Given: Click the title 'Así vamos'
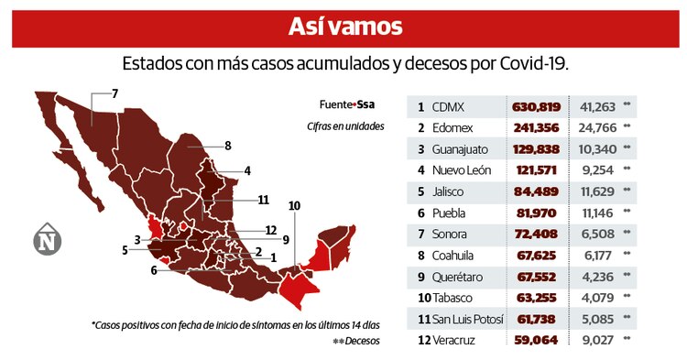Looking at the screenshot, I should (x=343, y=26).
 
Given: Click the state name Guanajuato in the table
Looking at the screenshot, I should (x=465, y=148).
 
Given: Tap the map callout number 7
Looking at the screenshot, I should (x=115, y=93).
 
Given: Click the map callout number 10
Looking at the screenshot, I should (x=294, y=206).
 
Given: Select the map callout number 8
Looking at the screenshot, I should (x=227, y=145).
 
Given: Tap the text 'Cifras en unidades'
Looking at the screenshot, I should (x=346, y=126).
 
